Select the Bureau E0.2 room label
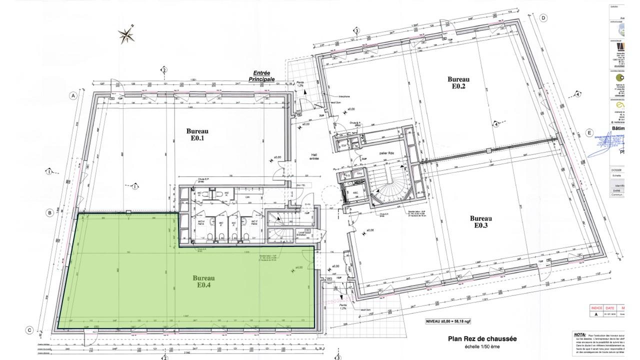coord(456,82)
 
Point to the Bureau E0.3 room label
coord(481,221)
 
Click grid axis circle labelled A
coord(73,95)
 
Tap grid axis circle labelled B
coord(50,213)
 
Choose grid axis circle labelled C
coord(30,329)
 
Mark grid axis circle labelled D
coord(542,18)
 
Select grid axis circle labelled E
coord(590,133)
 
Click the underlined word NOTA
coord(579,334)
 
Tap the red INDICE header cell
coord(596,308)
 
